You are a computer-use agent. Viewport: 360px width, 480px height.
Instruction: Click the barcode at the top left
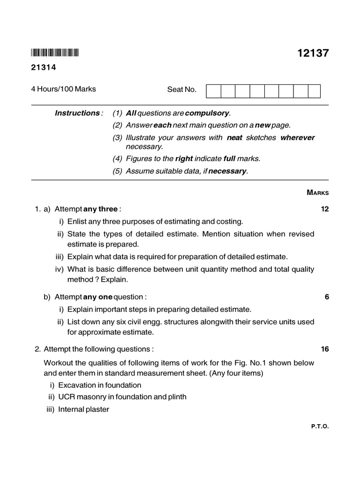(x=55, y=52)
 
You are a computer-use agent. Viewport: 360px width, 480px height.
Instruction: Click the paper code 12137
(x=313, y=53)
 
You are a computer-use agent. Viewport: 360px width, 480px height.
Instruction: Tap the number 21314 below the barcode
(x=44, y=67)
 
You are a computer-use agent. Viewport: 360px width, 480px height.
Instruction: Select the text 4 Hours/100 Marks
(x=63, y=89)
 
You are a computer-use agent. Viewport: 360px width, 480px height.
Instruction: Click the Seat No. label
(x=182, y=90)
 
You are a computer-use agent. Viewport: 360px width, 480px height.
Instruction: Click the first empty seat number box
(x=213, y=91)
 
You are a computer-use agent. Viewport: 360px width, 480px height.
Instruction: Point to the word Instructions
(x=77, y=113)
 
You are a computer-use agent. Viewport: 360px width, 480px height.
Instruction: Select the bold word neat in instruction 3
(x=235, y=137)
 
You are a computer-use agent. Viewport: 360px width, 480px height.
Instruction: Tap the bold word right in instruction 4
(x=184, y=158)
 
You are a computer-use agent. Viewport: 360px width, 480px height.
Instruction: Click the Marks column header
(x=318, y=192)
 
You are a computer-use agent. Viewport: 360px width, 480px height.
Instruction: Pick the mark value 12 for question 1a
(x=325, y=209)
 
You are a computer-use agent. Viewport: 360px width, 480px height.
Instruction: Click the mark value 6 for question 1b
(x=327, y=297)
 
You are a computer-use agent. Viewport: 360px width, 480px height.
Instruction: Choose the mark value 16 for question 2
(x=325, y=349)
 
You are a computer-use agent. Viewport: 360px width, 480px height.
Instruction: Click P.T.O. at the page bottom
(x=320, y=427)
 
